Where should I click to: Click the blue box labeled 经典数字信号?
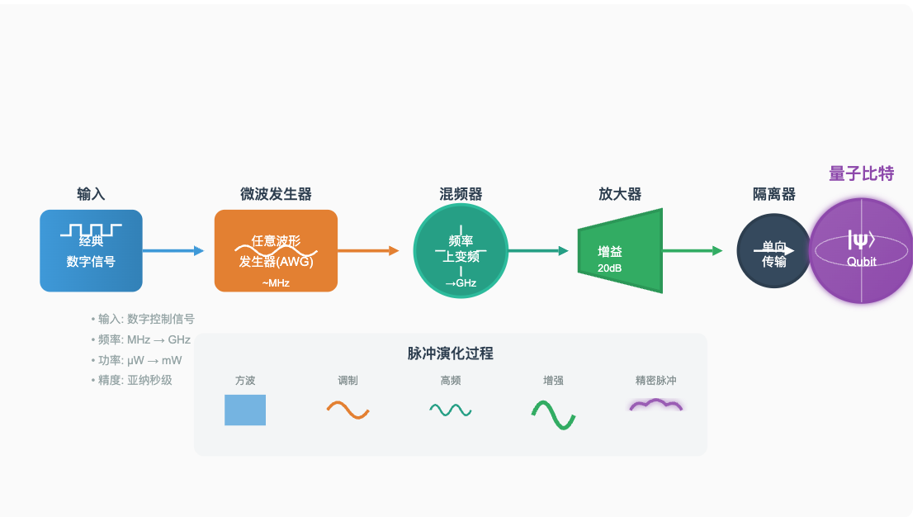pyautogui.click(x=91, y=251)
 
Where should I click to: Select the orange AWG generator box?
pyautogui.click(x=276, y=251)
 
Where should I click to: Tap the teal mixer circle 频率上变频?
pyautogui.click(x=461, y=251)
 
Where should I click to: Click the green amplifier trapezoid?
pyautogui.click(x=621, y=251)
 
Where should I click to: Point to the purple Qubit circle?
pyautogui.click(x=862, y=251)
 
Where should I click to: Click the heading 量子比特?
pyautogui.click(x=861, y=174)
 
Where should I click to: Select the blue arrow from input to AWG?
pyautogui.click(x=173, y=251)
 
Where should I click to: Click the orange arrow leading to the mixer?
pyautogui.click(x=368, y=251)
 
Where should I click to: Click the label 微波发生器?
pyautogui.click(x=276, y=195)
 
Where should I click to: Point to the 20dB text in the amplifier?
pyautogui.click(x=611, y=268)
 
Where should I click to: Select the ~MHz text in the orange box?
pyautogui.click(x=276, y=283)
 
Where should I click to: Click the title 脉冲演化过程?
pyautogui.click(x=451, y=353)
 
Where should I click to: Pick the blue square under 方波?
pyautogui.click(x=245, y=410)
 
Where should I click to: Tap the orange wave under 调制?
pyautogui.click(x=348, y=410)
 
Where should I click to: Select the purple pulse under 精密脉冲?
pyautogui.click(x=656, y=406)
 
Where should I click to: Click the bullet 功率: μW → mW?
pyautogui.click(x=137, y=360)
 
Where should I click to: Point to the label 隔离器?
pyautogui.click(x=774, y=195)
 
